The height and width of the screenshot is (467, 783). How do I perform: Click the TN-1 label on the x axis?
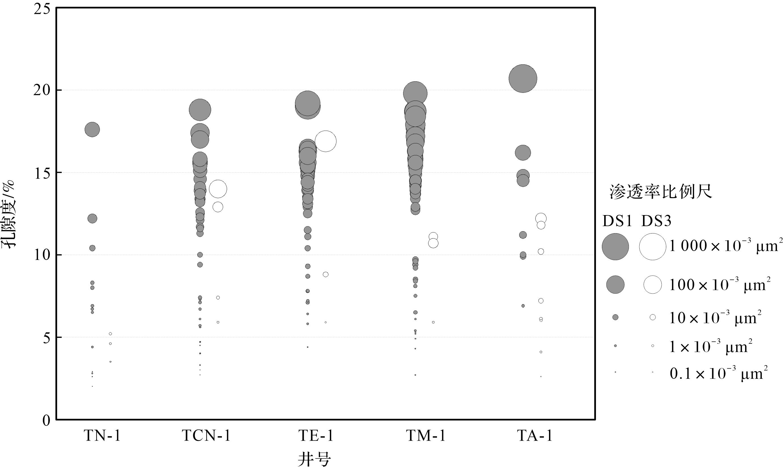102,436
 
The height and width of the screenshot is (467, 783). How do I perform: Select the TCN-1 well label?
206,436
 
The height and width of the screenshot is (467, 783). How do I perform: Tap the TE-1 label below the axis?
316,436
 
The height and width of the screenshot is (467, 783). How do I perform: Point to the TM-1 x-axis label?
425,436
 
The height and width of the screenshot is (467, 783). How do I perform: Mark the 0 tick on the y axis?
46,421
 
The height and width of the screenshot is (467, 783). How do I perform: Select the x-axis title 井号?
314,459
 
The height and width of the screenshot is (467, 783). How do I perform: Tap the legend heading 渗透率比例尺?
661,192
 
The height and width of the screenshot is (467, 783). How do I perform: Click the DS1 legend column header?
617,221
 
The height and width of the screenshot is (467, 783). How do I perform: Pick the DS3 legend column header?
656,221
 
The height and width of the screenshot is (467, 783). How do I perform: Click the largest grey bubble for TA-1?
523,79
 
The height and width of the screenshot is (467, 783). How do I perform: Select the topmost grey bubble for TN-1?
92,130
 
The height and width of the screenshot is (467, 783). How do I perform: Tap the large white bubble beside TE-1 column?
325,141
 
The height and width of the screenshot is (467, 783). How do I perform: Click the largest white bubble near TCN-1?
218,189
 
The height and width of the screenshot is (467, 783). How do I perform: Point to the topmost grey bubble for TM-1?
415,94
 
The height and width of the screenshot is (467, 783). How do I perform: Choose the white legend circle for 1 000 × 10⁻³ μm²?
652,247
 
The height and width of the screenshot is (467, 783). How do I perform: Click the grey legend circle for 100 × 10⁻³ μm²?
615,285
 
